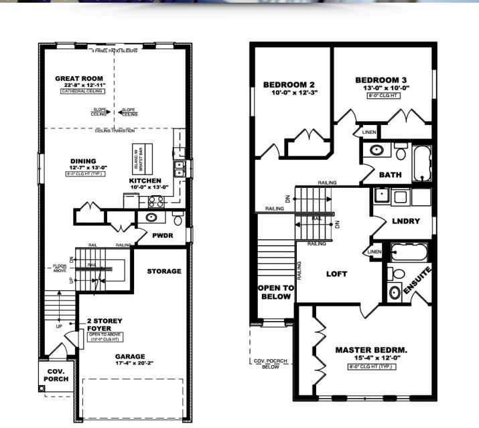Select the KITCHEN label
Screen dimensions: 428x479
point(145,181)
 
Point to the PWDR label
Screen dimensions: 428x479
point(162,235)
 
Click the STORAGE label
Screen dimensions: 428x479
point(165,271)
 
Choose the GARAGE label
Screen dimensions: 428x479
point(130,356)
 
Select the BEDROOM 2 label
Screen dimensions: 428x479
point(289,85)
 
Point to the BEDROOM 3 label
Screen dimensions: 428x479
point(382,80)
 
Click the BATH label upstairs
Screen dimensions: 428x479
point(390,175)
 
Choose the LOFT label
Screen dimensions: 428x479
point(337,274)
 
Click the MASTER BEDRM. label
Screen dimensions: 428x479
point(371,350)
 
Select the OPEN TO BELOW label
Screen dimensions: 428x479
point(275,292)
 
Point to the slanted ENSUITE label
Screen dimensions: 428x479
point(416,282)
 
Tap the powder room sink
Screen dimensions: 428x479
point(151,217)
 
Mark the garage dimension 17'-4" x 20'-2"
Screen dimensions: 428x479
point(130,364)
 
